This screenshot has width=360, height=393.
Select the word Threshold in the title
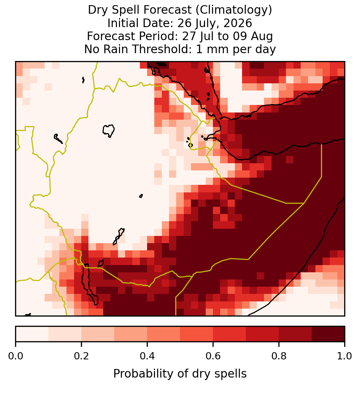(x=165, y=49)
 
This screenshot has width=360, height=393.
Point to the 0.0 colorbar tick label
(x=16, y=356)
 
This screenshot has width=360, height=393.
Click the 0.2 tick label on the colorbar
(x=81, y=356)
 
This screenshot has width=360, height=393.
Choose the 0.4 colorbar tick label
(x=147, y=356)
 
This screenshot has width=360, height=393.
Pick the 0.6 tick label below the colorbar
(x=213, y=356)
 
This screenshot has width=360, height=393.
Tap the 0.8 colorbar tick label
(x=279, y=356)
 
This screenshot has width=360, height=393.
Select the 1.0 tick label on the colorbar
(x=345, y=356)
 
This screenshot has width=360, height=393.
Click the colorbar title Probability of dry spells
(x=180, y=374)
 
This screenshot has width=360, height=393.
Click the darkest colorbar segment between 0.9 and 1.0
(x=328, y=334)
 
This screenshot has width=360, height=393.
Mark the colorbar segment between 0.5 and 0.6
(x=197, y=334)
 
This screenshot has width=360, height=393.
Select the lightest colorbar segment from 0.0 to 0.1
(x=32, y=334)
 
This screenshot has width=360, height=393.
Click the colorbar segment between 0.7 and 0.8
(x=262, y=334)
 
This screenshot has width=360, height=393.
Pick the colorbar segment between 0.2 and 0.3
(x=98, y=334)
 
